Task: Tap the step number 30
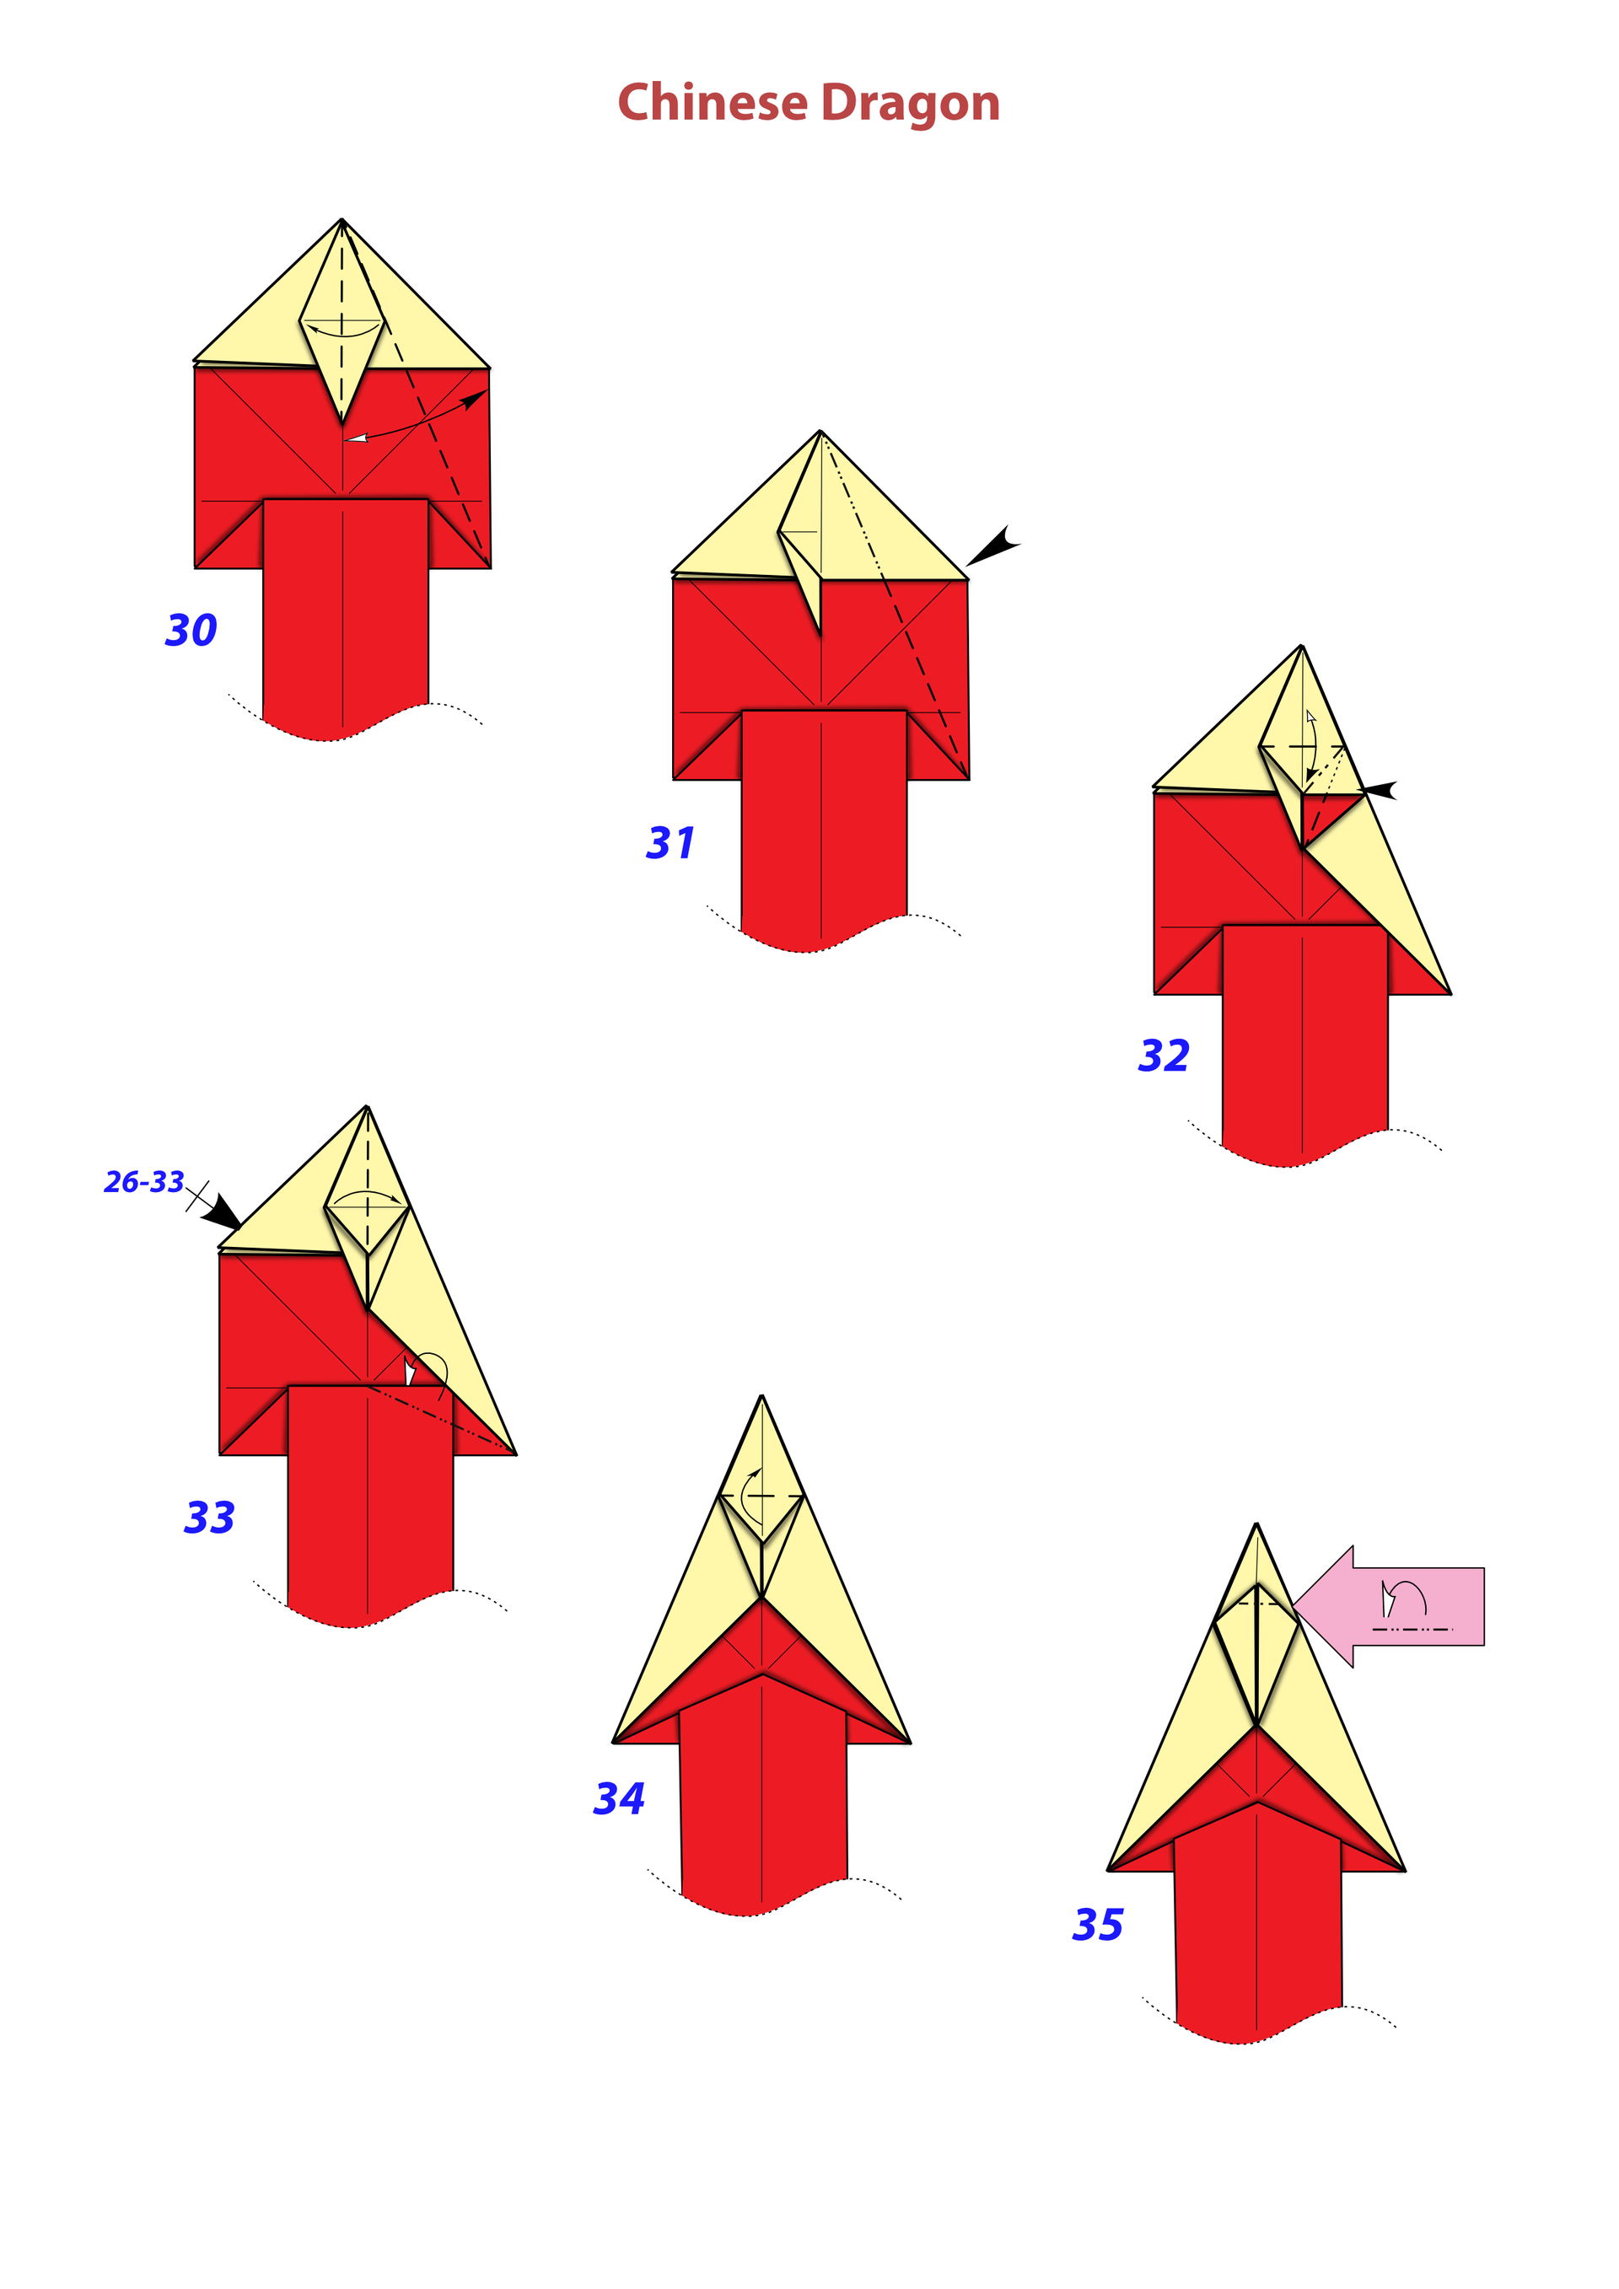(x=191, y=630)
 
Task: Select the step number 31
(x=670, y=843)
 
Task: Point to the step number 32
(x=1164, y=1056)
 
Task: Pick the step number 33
(x=209, y=1518)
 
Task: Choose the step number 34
(x=619, y=1798)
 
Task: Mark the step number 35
(x=1098, y=1924)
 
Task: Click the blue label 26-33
(x=144, y=1182)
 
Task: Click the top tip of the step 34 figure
(x=762, y=1395)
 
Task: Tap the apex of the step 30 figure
(x=342, y=219)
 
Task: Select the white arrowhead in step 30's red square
(x=356, y=438)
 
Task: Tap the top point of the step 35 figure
(x=1257, y=1523)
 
